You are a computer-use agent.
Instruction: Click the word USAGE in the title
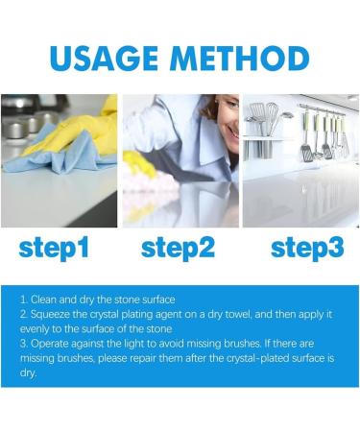pyautogui.click(x=104, y=59)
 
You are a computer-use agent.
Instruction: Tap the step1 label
pyautogui.click(x=54, y=249)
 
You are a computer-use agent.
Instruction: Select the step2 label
pyautogui.click(x=178, y=249)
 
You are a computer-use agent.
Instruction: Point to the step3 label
pyautogui.click(x=307, y=249)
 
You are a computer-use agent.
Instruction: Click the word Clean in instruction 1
pyautogui.click(x=43, y=300)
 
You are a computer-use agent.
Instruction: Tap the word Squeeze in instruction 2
pyautogui.click(x=50, y=315)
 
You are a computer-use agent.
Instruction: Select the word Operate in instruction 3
pyautogui.click(x=50, y=345)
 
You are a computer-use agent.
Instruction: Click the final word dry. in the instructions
pyautogui.click(x=28, y=373)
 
